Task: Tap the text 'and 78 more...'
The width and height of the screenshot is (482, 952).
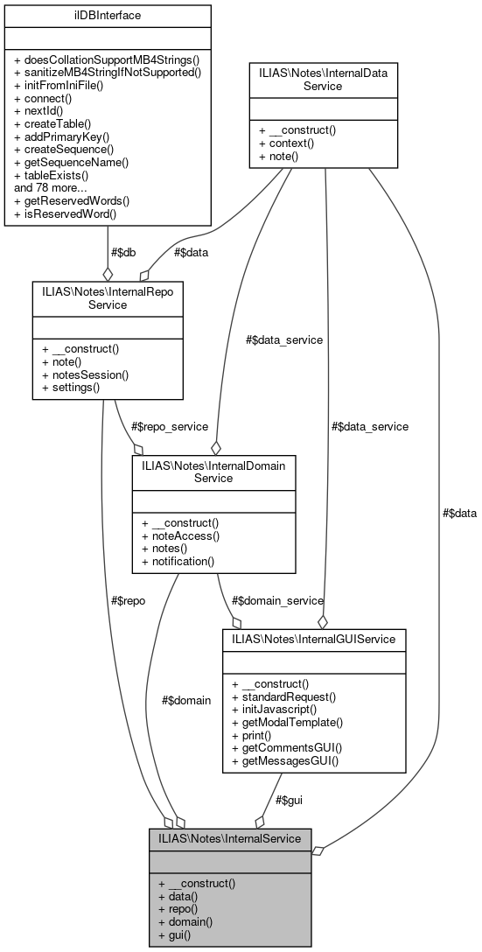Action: [x=51, y=186]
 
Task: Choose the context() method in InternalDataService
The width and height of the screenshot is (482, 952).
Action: [x=291, y=143]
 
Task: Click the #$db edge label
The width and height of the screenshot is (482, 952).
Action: [x=123, y=252]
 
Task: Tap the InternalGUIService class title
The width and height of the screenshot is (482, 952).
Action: [x=314, y=639]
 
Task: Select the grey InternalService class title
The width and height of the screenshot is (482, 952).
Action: [x=229, y=838]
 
